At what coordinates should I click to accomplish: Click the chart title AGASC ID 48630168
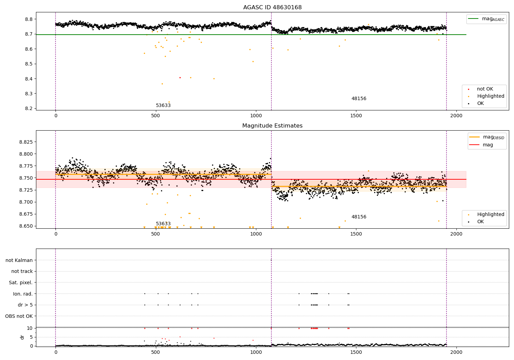pyautogui.click(x=272, y=8)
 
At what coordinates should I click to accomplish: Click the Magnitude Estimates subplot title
pyautogui.click(x=272, y=126)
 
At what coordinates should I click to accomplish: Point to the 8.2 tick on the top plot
pyautogui.click(x=29, y=109)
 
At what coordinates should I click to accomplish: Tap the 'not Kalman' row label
pyautogui.click(x=19, y=261)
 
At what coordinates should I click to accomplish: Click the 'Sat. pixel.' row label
pyautogui.click(x=21, y=283)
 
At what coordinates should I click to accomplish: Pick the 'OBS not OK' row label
pyautogui.click(x=19, y=316)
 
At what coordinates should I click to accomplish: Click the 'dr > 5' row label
pyautogui.click(x=25, y=305)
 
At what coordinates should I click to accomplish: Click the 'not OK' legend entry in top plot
pyautogui.click(x=485, y=89)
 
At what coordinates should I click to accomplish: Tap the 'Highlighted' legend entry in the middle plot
pyautogui.click(x=491, y=215)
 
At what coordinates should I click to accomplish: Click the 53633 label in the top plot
pyautogui.click(x=163, y=106)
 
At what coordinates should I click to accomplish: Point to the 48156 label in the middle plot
pyautogui.click(x=359, y=217)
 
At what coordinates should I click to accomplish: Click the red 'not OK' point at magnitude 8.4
pyautogui.click(x=180, y=77)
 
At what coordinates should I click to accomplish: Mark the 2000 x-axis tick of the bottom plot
pyautogui.click(x=456, y=352)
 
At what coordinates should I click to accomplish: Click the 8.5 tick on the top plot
pyautogui.click(x=29, y=64)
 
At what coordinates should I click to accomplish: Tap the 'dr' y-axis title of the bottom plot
pyautogui.click(x=22, y=337)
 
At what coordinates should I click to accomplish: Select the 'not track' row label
pyautogui.click(x=22, y=272)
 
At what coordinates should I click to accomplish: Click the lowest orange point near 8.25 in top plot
pyautogui.click(x=169, y=102)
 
